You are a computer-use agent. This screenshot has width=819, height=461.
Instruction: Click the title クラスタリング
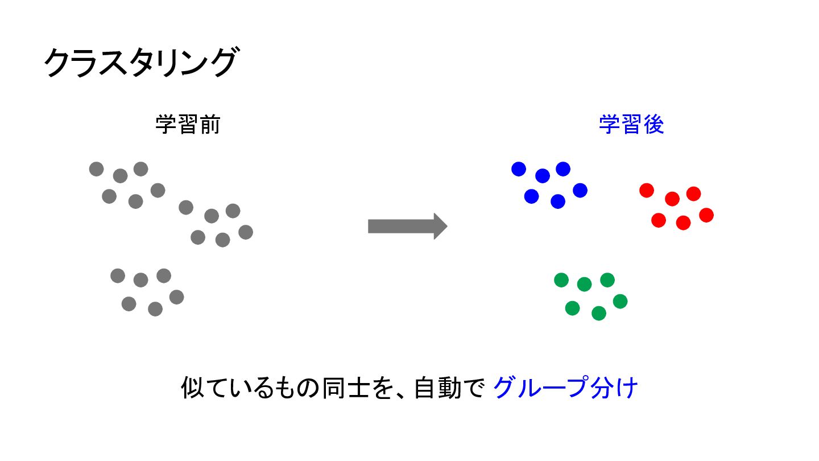click(141, 62)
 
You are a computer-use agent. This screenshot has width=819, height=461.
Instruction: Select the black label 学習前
click(188, 125)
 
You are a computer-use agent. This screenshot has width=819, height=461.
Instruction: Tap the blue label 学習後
click(631, 125)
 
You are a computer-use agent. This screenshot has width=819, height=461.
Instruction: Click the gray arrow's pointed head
click(447, 226)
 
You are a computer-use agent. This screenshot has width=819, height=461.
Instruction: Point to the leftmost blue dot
click(519, 169)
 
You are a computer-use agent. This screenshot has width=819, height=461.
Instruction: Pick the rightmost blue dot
click(580, 190)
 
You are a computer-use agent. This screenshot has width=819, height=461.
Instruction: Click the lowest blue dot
click(557, 201)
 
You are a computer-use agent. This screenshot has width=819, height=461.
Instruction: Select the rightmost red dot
click(706, 215)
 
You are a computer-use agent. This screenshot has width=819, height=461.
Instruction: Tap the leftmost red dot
click(647, 191)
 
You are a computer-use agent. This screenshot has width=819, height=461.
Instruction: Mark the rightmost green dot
click(620, 302)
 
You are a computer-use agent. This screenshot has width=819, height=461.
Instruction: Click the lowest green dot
click(598, 313)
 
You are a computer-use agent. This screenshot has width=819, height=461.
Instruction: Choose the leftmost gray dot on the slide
click(97, 169)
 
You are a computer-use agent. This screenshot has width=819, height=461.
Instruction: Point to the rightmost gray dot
click(246, 232)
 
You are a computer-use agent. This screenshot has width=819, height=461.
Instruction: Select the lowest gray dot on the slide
click(155, 309)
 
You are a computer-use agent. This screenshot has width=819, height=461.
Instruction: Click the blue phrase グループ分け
click(565, 388)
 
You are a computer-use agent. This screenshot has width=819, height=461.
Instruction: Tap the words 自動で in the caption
click(449, 388)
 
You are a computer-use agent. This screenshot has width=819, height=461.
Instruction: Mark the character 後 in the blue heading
click(653, 125)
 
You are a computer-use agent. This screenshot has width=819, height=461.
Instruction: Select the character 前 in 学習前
click(210, 125)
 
